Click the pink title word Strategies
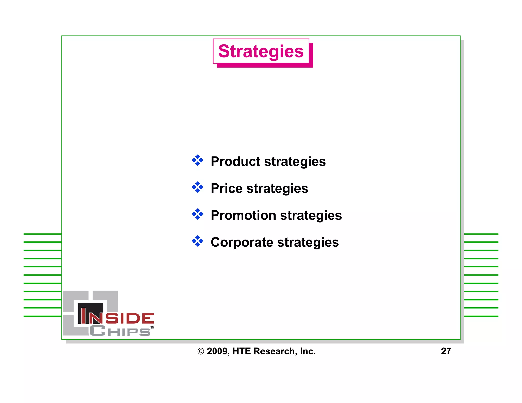click(261, 51)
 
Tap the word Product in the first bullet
click(236, 162)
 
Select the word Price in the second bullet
click(227, 189)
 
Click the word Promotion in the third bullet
click(243, 216)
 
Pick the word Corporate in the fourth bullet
click(242, 242)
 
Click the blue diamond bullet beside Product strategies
click(198, 160)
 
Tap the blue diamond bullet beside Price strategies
click(198, 187)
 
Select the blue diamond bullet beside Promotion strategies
click(198, 214)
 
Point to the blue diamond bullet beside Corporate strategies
click(198, 241)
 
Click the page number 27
click(446, 351)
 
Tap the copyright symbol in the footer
click(201, 352)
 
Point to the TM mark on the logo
click(152, 327)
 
